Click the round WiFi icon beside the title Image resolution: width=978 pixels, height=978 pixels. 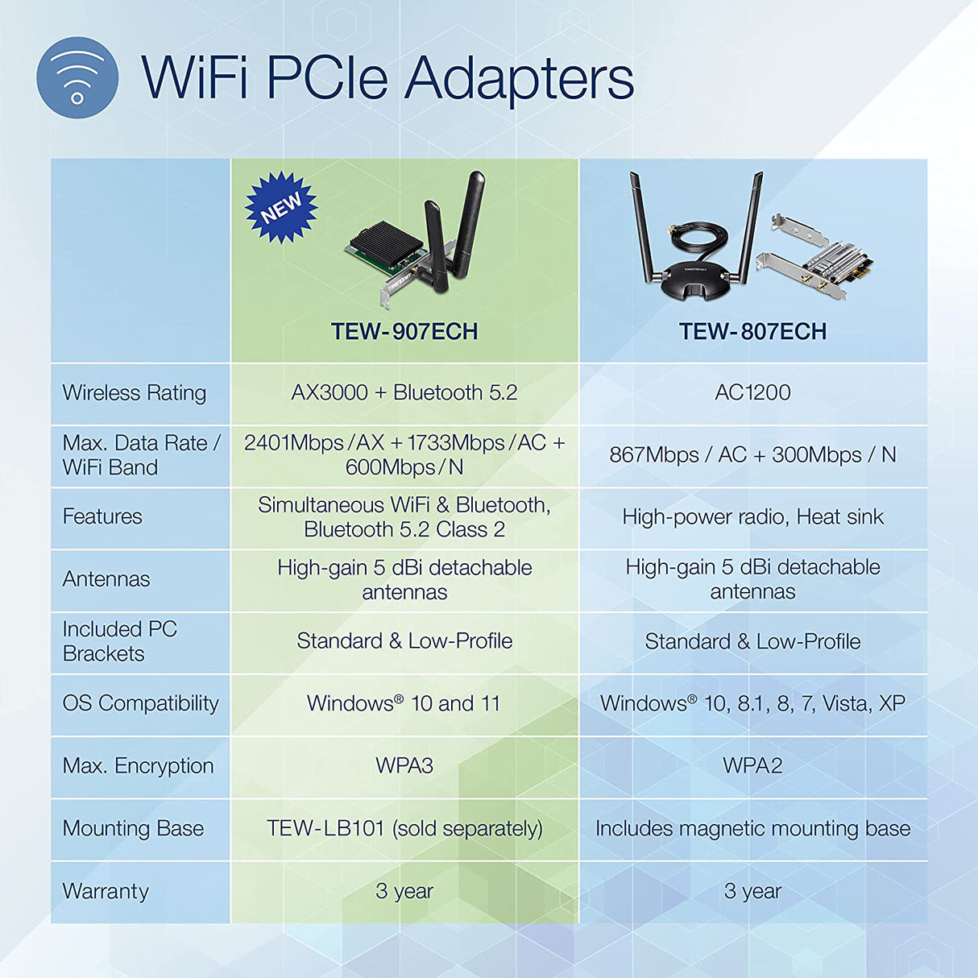77,78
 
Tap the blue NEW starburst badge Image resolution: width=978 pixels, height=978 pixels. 281,207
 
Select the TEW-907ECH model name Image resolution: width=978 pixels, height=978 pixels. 404,331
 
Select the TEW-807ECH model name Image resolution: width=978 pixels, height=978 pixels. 752,331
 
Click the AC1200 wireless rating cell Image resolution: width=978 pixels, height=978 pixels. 752,393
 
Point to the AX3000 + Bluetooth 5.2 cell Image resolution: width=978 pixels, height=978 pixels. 404,393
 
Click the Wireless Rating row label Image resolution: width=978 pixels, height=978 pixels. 135,393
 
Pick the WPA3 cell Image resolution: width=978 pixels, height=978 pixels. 404,765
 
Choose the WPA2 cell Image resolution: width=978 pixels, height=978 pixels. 752,765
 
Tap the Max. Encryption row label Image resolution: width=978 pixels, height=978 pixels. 139,765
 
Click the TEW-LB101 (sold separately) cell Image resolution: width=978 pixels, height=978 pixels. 404,828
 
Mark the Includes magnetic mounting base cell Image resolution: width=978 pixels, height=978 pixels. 752,828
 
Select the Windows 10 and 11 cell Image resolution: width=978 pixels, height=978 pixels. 404,703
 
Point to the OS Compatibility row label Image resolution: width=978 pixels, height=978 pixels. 141,703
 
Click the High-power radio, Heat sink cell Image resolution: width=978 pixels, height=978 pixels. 752,516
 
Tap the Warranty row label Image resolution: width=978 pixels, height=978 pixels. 106,891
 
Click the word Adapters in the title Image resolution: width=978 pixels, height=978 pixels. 519,78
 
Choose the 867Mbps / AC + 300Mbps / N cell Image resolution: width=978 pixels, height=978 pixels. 752,455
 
